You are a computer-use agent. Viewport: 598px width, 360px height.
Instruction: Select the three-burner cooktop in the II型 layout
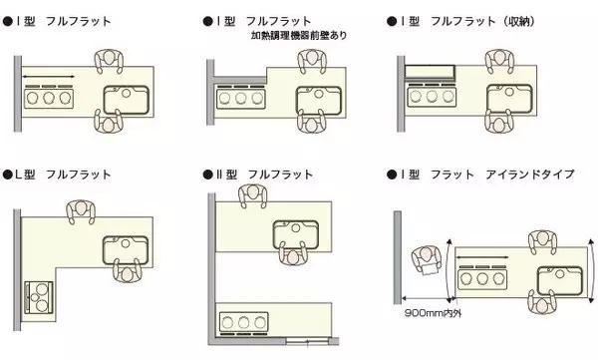(245, 321)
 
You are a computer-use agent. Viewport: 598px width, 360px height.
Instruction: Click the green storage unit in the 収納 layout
(429, 71)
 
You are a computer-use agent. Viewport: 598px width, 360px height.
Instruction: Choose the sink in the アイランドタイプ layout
(559, 278)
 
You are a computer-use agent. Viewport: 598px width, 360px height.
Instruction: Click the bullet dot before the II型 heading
(207, 174)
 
